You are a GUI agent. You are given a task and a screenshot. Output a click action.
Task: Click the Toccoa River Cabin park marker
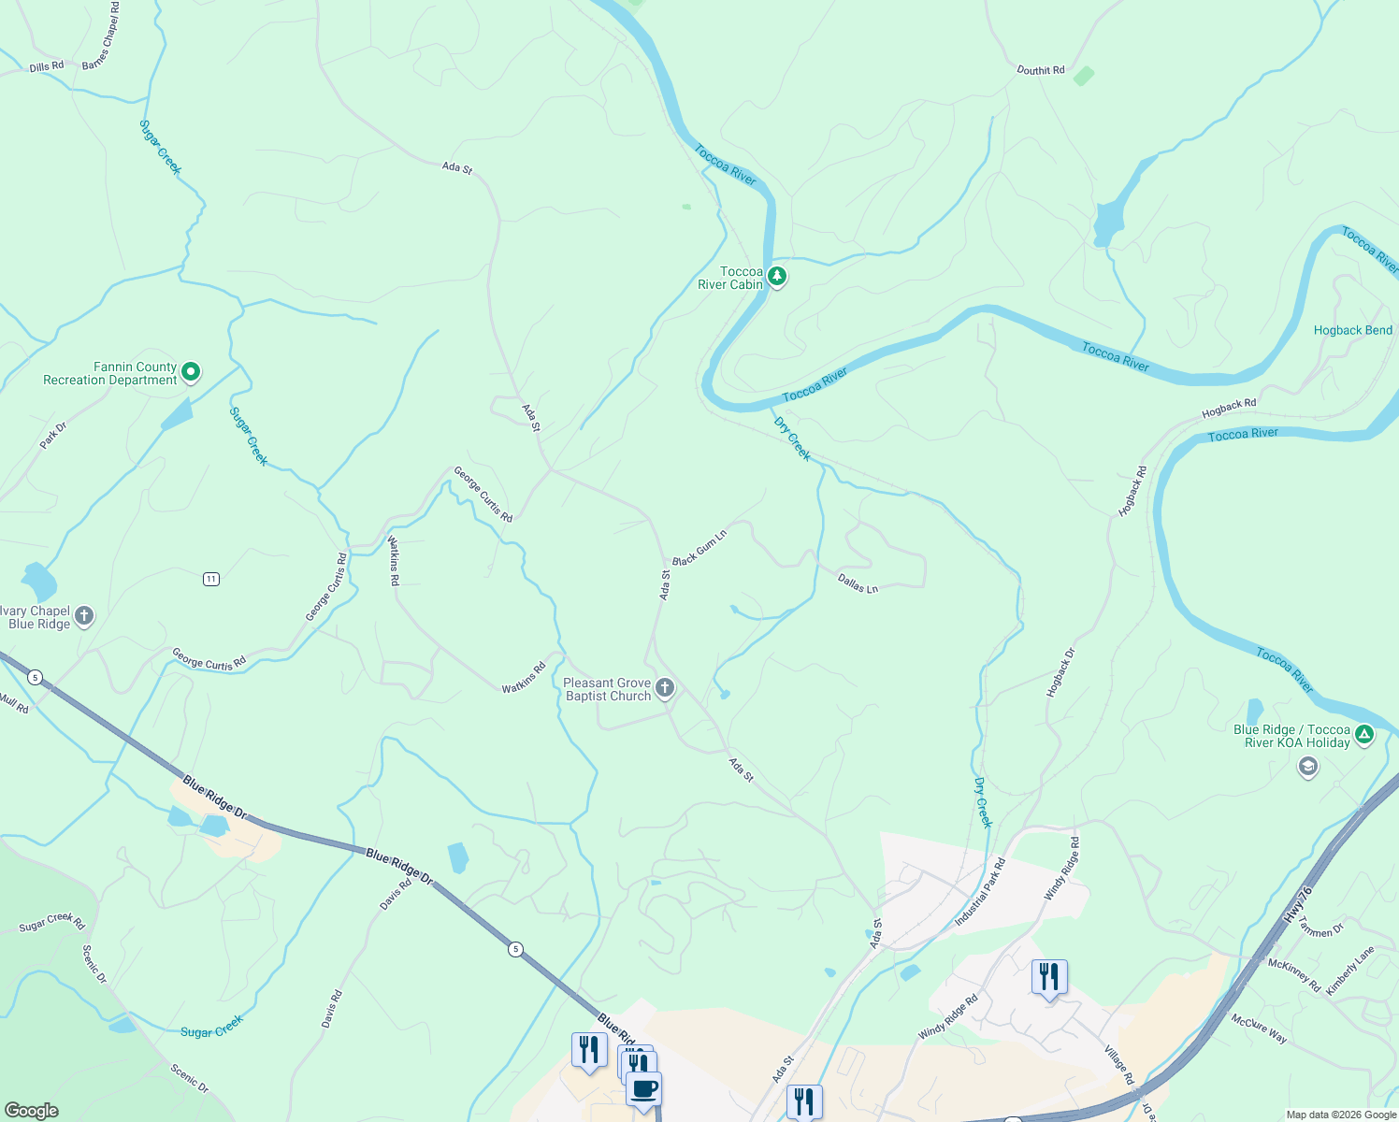point(776,277)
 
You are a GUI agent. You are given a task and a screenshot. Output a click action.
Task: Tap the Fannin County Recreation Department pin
point(191,372)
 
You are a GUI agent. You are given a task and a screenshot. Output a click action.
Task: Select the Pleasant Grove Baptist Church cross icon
point(665,689)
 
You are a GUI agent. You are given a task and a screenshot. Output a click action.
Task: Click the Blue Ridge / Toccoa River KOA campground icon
point(1364,735)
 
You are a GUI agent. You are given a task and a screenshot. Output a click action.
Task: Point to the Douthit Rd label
point(1040,70)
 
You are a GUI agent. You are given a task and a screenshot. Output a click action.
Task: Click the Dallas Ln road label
point(858,584)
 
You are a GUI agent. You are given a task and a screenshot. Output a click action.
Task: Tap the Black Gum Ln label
point(699,548)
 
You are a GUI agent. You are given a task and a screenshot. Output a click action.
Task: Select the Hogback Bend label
point(1352,330)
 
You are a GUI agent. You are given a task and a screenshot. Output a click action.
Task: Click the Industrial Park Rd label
point(979,892)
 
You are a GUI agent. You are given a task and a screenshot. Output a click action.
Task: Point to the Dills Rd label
point(46,66)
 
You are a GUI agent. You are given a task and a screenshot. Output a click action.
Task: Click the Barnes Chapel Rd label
point(101,37)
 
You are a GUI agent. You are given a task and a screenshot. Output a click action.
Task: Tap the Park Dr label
point(53,436)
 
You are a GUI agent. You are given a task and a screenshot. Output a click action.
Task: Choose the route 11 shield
point(211,579)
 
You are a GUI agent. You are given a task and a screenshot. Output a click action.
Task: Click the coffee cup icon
point(643,1089)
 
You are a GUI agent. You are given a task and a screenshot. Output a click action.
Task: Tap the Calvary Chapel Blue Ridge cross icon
point(84,615)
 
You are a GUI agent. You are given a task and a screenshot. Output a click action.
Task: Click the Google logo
point(31,1110)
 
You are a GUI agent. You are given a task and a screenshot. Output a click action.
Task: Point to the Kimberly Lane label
point(1349,971)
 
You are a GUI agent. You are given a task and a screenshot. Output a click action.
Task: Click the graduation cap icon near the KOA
point(1307,768)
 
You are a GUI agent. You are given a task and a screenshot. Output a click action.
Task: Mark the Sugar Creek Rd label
point(51,922)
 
